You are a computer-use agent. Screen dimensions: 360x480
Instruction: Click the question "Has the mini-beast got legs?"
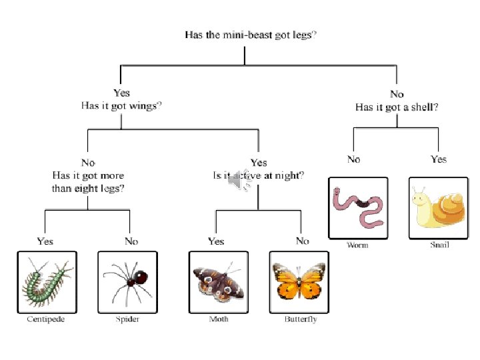[250, 35]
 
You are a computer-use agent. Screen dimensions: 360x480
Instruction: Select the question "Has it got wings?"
[121, 105]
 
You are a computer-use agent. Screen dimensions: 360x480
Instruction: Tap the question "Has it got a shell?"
[396, 107]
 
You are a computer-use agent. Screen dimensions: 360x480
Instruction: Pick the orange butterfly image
[299, 281]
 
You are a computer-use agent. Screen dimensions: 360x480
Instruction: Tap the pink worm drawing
[358, 207]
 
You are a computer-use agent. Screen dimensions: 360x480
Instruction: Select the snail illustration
[439, 207]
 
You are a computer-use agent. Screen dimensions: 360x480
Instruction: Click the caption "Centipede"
[46, 319]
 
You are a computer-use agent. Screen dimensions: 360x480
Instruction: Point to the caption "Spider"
[127, 319]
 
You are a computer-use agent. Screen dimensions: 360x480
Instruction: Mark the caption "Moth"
[219, 319]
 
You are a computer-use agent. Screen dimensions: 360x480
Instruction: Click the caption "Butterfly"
[301, 319]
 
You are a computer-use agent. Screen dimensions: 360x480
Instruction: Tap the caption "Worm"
[357, 245]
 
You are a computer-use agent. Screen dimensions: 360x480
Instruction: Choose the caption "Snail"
[439, 245]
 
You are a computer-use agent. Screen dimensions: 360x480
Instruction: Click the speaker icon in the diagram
[237, 181]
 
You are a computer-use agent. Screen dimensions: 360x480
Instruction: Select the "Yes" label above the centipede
[45, 241]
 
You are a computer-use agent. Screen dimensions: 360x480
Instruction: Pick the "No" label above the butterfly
[303, 241]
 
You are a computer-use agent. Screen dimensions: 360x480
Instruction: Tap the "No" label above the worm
[353, 159]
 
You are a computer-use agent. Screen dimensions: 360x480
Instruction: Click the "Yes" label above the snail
[439, 159]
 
